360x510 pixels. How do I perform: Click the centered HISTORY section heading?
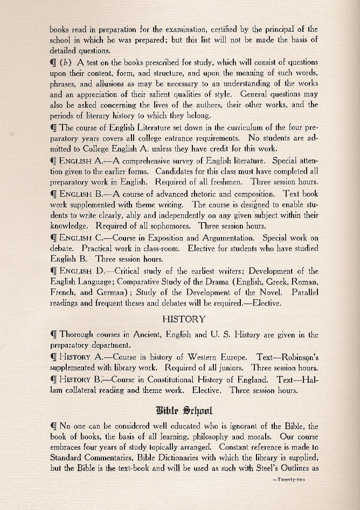click(184, 319)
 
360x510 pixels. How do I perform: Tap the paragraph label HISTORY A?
click(78, 357)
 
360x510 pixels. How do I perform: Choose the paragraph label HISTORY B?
click(79, 380)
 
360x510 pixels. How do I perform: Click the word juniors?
click(229, 368)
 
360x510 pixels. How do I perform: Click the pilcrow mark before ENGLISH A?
click(53, 160)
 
